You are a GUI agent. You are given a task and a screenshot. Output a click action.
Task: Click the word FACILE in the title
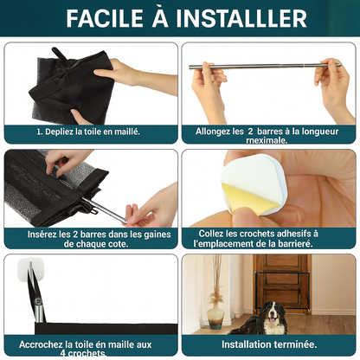point(105,18)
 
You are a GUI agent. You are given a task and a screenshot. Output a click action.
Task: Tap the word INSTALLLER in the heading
point(241,18)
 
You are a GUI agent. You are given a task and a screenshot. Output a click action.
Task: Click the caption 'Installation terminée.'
point(269,344)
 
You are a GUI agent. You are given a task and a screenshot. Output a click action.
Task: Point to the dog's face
point(271,312)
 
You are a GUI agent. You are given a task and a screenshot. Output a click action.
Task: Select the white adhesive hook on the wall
point(31,269)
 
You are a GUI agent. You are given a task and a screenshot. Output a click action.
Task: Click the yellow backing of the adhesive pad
point(248,198)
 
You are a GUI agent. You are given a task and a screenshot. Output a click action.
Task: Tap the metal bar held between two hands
point(265,66)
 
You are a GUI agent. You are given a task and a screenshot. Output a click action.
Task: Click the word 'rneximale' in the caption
point(267,140)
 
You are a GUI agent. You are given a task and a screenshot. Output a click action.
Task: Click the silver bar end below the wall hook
point(39,311)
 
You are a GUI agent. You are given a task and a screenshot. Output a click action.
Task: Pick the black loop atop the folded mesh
point(60,54)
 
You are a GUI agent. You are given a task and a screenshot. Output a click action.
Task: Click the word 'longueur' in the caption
point(320,132)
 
